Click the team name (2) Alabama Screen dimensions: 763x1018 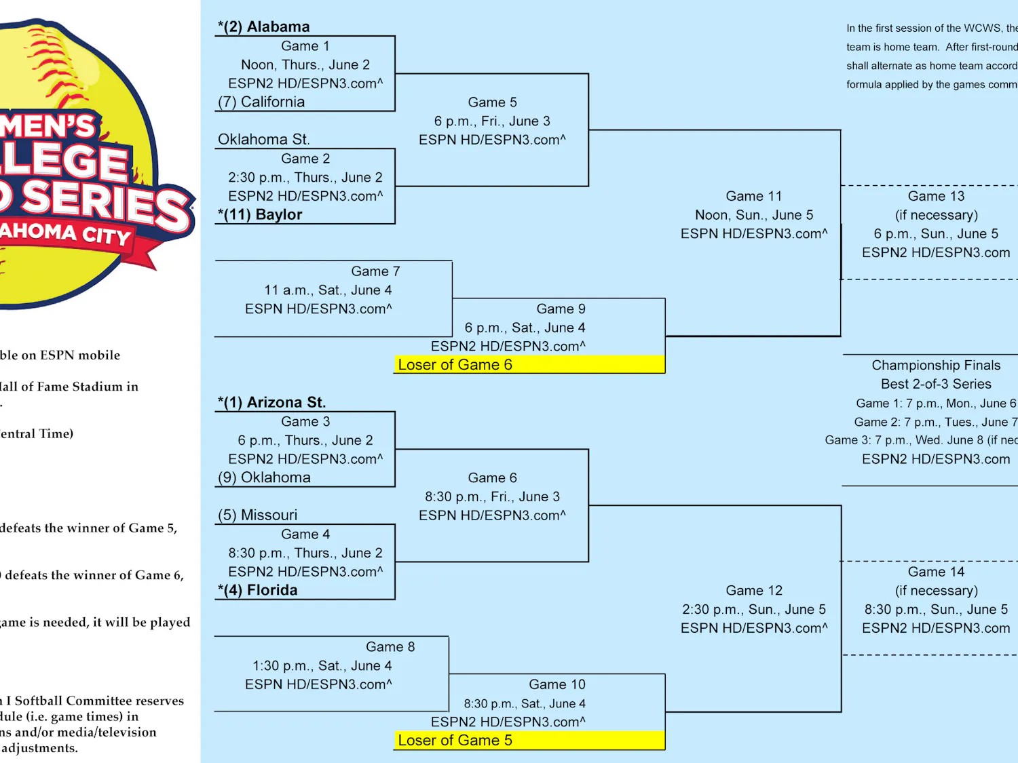264,27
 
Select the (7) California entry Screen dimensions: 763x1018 261,102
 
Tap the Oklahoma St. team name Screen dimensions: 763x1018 263,140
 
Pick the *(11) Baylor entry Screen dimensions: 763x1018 260,215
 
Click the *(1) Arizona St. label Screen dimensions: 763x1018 271,403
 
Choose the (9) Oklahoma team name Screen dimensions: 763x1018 264,478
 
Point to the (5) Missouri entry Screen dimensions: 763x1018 257,515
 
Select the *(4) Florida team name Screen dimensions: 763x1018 257,591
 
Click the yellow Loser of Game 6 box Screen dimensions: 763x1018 529,365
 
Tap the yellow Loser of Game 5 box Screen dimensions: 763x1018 529,741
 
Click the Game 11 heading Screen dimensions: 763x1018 753,197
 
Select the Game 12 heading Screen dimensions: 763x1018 753,591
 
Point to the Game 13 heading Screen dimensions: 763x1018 936,197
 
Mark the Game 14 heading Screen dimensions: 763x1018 936,572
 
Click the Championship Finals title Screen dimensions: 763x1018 936,366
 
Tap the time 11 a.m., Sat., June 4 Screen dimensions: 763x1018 328,290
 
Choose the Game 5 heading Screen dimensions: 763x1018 492,102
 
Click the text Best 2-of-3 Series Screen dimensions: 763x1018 936,385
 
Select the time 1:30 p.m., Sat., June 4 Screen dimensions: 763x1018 322,666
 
